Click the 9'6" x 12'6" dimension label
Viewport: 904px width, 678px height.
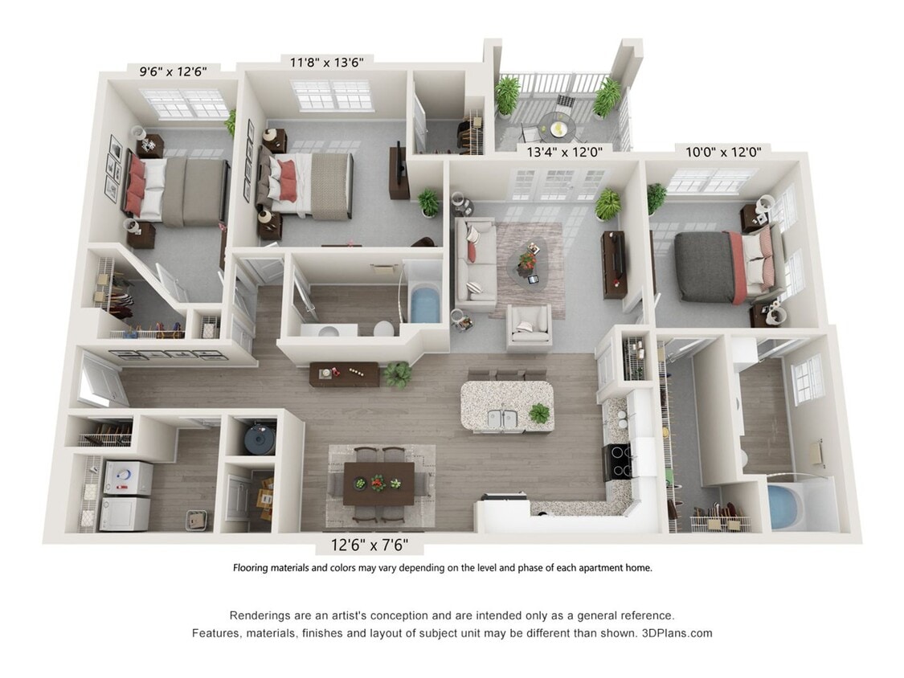coord(173,71)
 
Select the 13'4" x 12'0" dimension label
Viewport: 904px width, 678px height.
coord(564,149)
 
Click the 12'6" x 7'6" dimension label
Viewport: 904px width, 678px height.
coord(370,545)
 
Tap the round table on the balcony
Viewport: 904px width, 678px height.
coord(555,125)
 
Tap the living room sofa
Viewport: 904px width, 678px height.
coord(474,263)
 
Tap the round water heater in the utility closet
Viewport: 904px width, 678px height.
coord(259,437)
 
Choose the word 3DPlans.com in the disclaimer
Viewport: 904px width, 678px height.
coord(677,633)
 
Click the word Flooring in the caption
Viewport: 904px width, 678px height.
coord(251,568)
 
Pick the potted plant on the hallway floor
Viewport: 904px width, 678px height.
coord(397,374)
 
